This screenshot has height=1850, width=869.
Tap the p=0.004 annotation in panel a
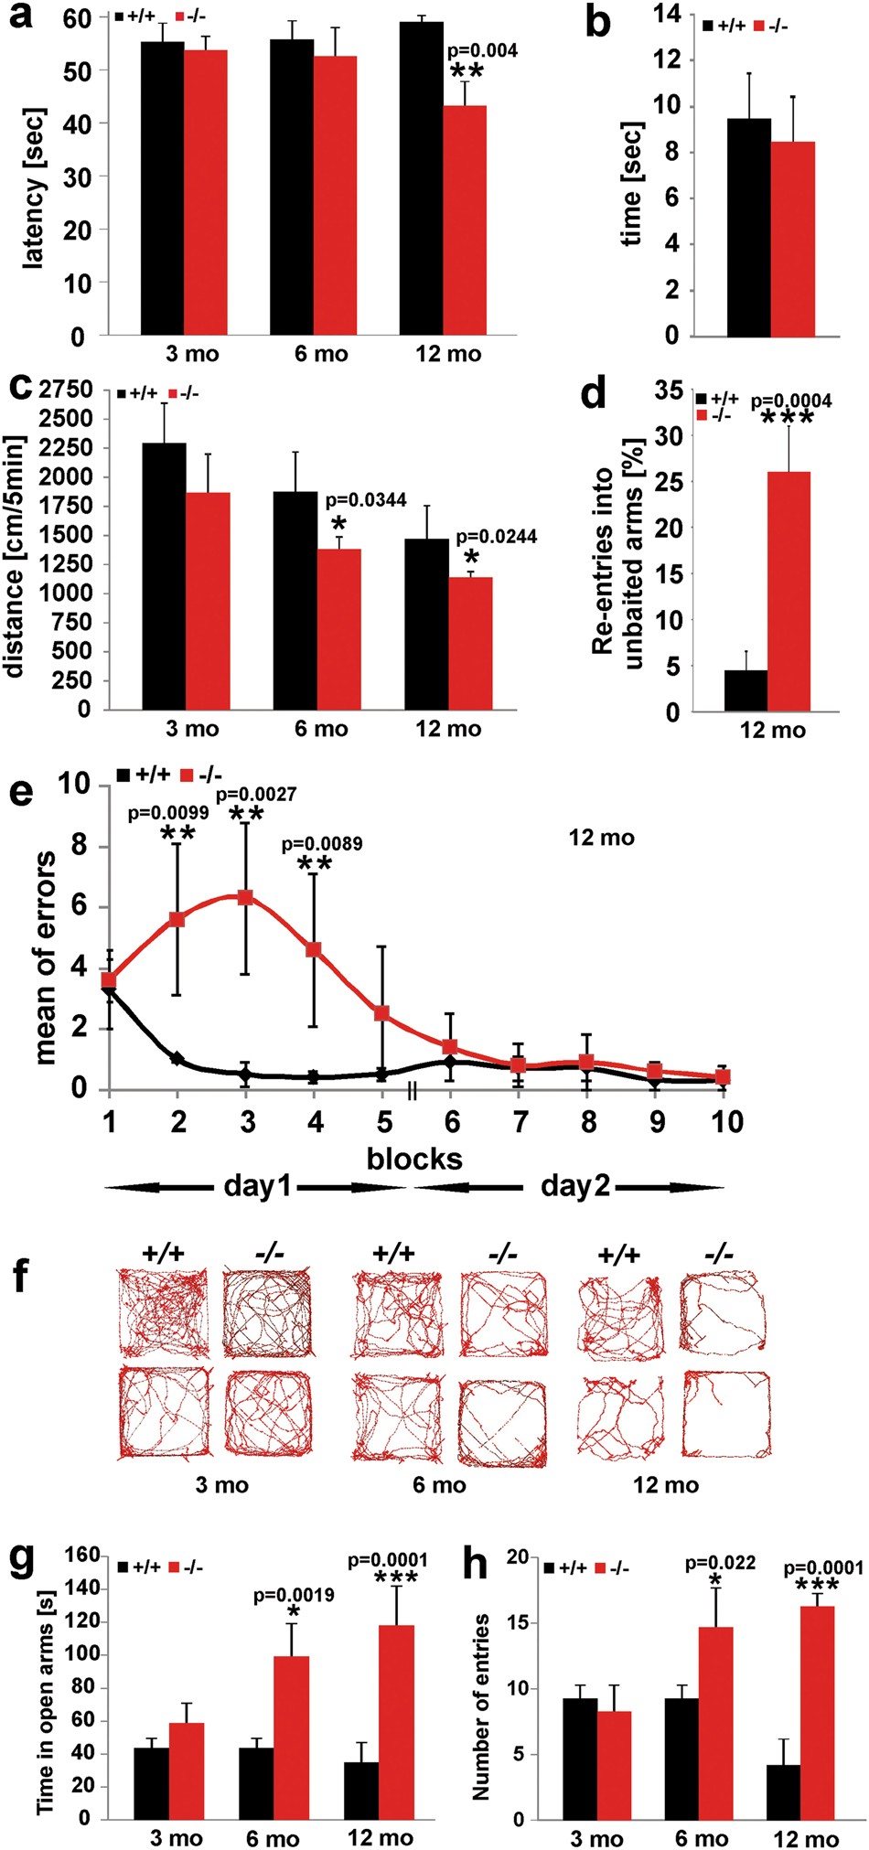(x=481, y=51)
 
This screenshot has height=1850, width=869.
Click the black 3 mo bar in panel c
(x=164, y=576)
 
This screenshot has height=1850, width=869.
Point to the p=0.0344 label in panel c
(x=366, y=500)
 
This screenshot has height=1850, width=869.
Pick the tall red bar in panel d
(x=789, y=591)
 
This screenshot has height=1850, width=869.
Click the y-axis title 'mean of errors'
(x=44, y=957)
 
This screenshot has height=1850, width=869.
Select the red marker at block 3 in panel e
(x=245, y=897)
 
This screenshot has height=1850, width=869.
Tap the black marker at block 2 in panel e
(x=177, y=1058)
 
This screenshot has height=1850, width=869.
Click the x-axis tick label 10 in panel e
(x=727, y=1122)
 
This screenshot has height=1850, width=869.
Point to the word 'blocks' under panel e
(x=414, y=1159)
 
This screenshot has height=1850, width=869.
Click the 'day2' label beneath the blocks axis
(x=574, y=1187)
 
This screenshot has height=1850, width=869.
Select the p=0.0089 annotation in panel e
(x=321, y=844)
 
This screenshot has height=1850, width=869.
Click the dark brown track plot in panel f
(x=268, y=1312)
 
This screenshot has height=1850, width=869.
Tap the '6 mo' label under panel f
(x=439, y=1484)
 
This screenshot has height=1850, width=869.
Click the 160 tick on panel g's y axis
(x=82, y=1556)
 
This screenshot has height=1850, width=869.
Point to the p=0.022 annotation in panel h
(x=721, y=1564)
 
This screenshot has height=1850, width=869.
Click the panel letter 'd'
(x=595, y=396)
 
